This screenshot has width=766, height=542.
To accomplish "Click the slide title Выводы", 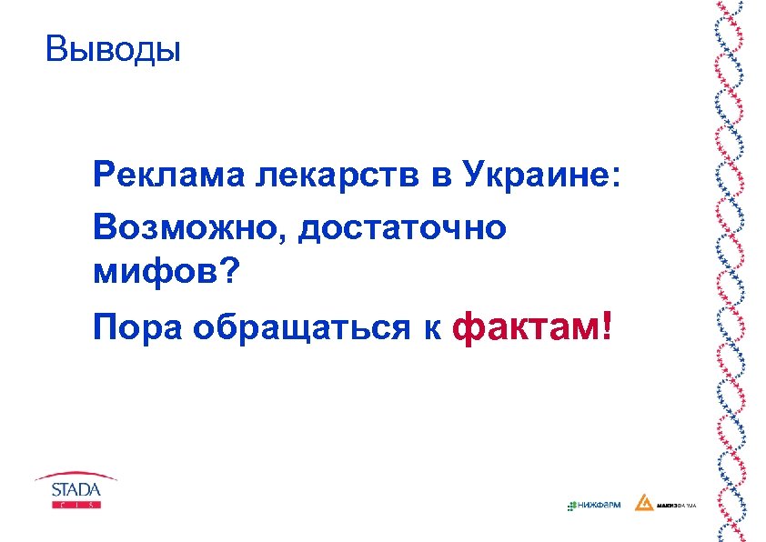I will pyautogui.click(x=114, y=49).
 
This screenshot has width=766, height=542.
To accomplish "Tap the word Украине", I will pyautogui.click(x=537, y=174).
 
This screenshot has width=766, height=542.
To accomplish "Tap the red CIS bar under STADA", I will pyautogui.click(x=76, y=505).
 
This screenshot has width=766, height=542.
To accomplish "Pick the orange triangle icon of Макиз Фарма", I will pyautogui.click(x=643, y=503).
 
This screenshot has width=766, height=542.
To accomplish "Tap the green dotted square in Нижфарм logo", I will pyautogui.click(x=570, y=505).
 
